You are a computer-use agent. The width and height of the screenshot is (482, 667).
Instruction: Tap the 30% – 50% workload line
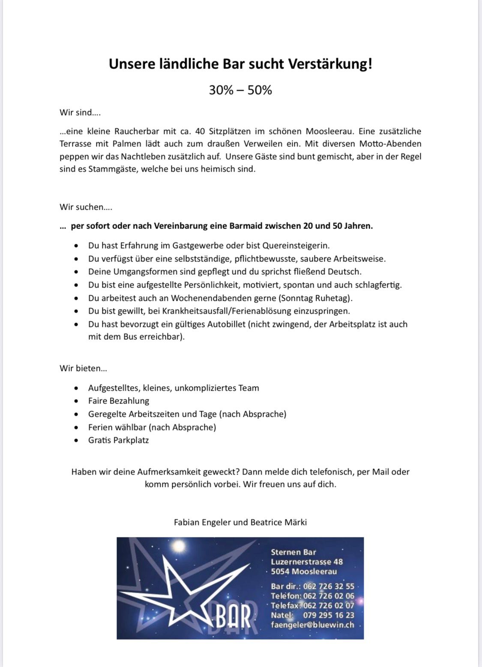pyautogui.click(x=240, y=90)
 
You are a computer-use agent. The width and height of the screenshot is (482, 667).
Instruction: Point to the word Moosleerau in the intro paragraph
pyautogui.click(x=330, y=131)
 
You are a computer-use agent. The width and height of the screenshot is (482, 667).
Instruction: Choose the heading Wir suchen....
pyautogui.click(x=86, y=207)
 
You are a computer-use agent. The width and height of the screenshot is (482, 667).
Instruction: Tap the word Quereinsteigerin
pyautogui.click(x=296, y=246)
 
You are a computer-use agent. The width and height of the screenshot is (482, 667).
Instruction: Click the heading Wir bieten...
pyautogui.click(x=83, y=368)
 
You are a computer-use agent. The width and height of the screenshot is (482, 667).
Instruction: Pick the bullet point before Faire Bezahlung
pyautogui.click(x=76, y=401)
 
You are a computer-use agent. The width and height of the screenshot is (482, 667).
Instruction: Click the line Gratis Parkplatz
pyautogui.click(x=118, y=440)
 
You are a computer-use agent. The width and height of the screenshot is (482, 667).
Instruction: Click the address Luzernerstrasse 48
pyautogui.click(x=307, y=562)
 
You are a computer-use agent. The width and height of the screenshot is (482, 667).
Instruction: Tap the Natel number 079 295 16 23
pyautogui.click(x=329, y=615)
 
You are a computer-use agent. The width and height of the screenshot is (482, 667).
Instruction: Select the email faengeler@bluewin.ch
pyautogui.click(x=312, y=625)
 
